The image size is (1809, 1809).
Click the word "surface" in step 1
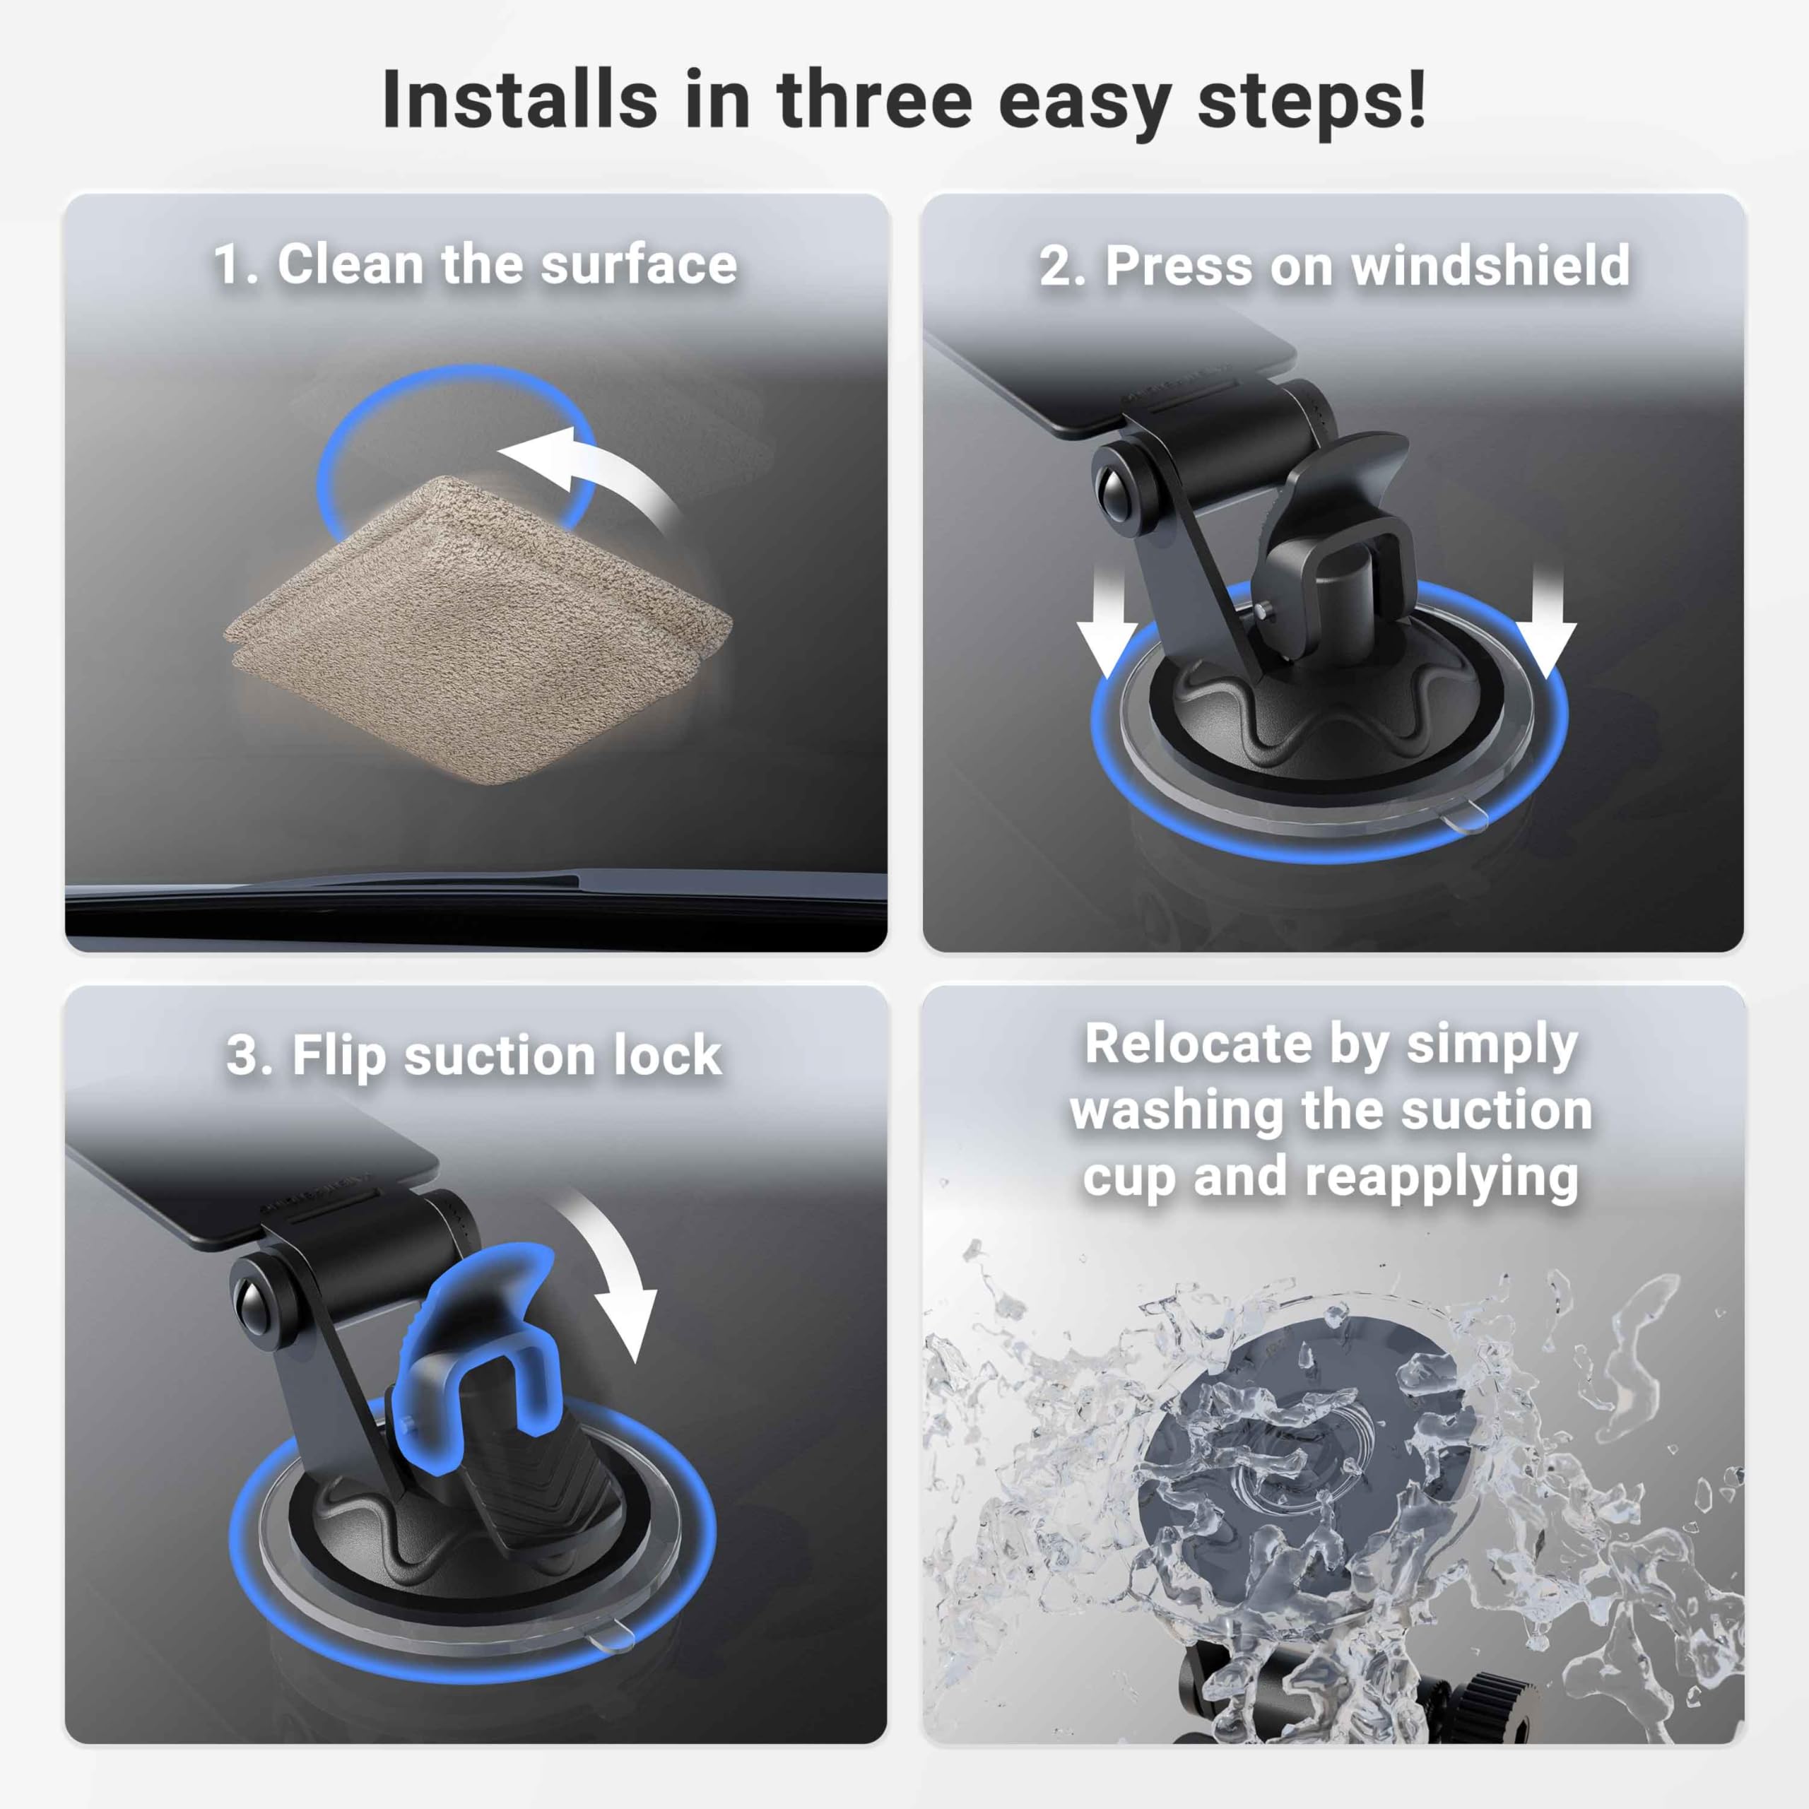pos(639,265)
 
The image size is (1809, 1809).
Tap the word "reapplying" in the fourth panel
pos(1442,1178)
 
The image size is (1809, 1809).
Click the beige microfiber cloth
pos(478,627)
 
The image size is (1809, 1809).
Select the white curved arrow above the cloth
pos(599,478)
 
